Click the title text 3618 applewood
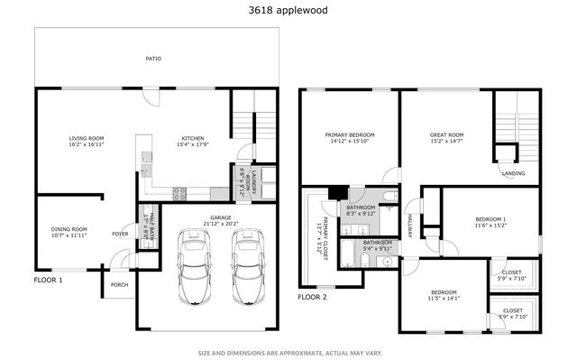[x=288, y=11]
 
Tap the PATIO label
[x=153, y=60]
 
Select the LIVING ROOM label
[x=87, y=140]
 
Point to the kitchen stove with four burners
[x=179, y=192]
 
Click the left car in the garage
[x=193, y=265]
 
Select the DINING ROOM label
[x=69, y=231]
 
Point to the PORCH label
[x=120, y=285]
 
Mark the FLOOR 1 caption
[x=49, y=280]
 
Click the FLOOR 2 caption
[x=312, y=296]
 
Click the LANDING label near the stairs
[x=514, y=173]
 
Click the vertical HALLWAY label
[x=408, y=226]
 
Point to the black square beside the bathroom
[x=338, y=192]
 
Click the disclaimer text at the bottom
[x=288, y=352]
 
